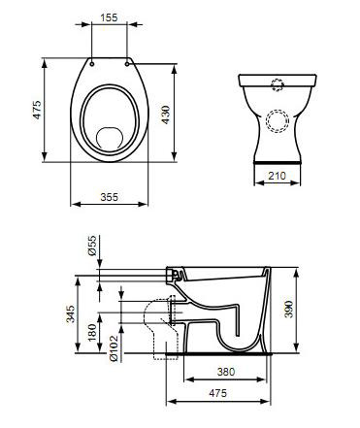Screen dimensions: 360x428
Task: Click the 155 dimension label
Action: click(x=109, y=17)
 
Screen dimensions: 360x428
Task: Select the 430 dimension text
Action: click(x=165, y=115)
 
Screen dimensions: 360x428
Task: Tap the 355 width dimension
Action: click(x=110, y=197)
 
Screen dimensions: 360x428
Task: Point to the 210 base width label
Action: click(x=278, y=176)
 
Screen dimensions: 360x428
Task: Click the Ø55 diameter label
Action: click(x=92, y=246)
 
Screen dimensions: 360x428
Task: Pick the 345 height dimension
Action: click(x=71, y=313)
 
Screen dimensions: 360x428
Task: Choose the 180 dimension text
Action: click(x=92, y=332)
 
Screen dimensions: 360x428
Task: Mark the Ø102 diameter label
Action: click(x=114, y=348)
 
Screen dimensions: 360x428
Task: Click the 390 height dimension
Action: click(x=288, y=310)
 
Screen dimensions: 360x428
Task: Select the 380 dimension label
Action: click(x=226, y=372)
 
